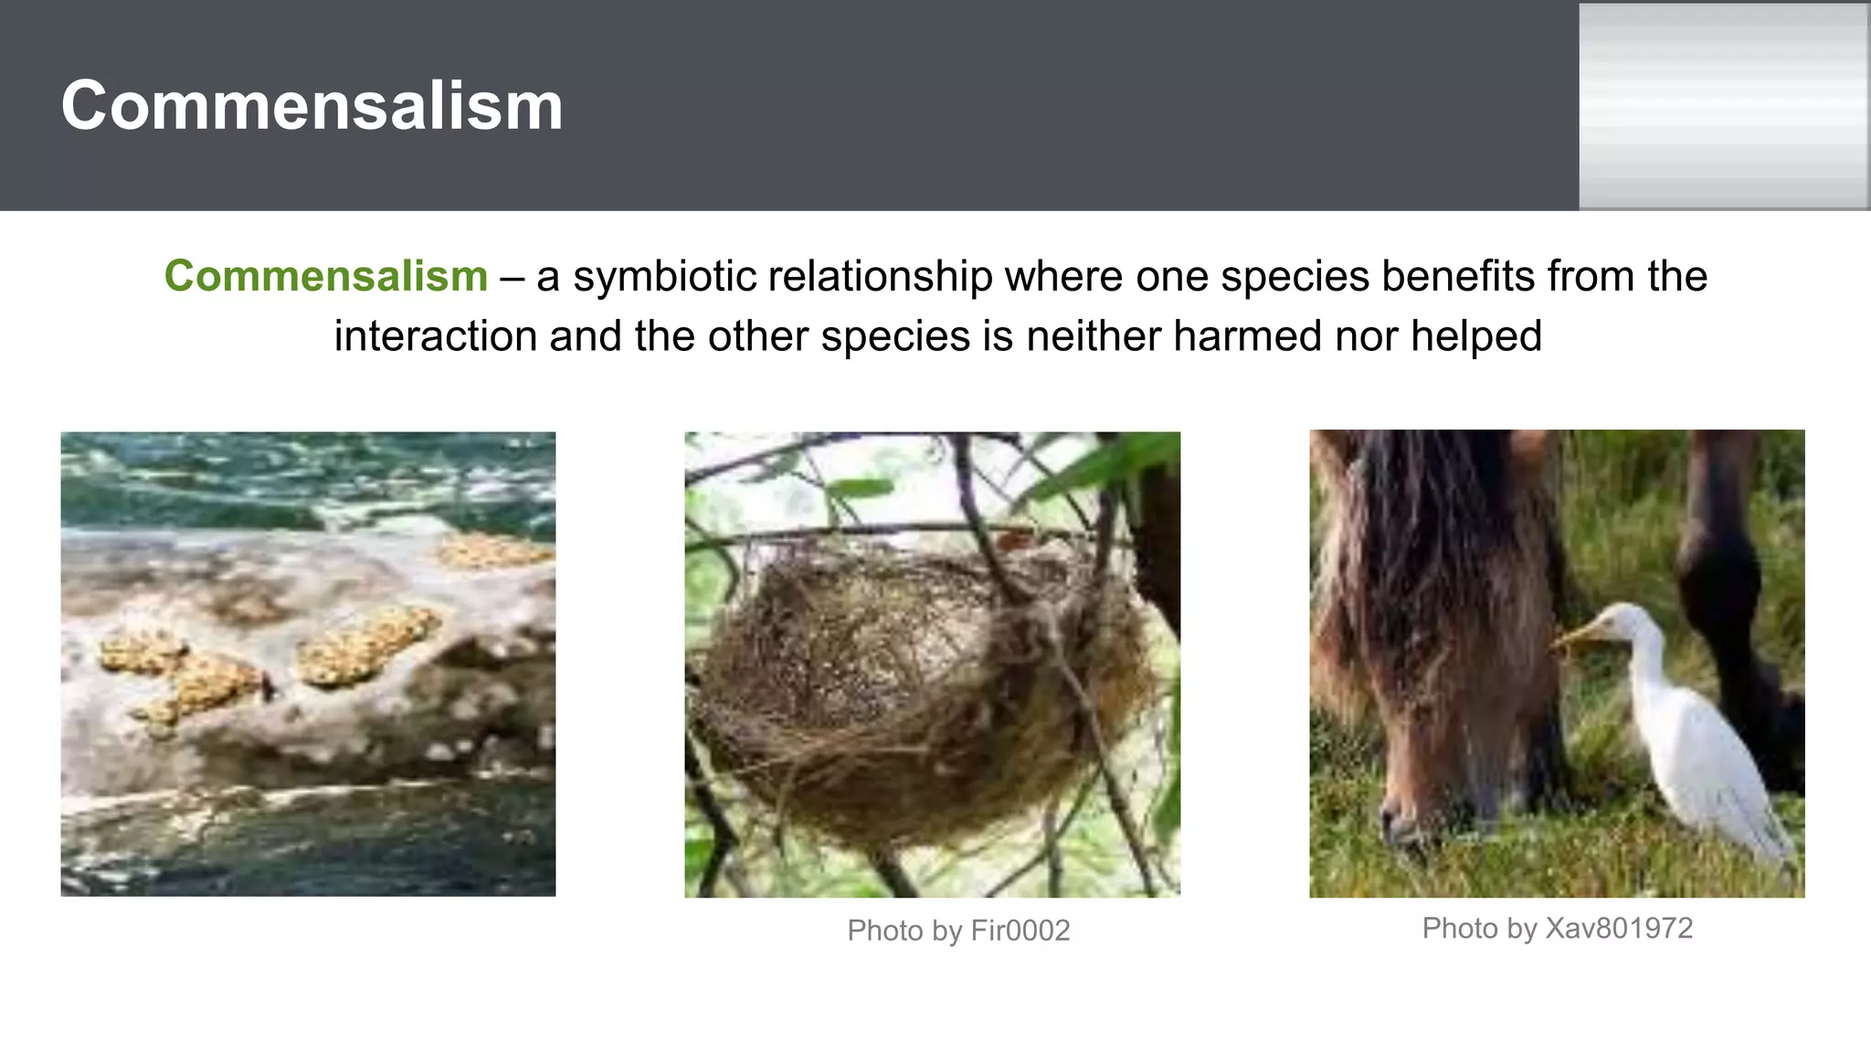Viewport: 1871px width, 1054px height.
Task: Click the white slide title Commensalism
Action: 312,106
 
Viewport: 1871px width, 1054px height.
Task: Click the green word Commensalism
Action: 326,276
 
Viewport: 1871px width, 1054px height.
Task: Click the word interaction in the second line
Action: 435,336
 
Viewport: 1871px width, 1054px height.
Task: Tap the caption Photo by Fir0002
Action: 958,931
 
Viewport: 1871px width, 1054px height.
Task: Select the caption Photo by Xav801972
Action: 1557,929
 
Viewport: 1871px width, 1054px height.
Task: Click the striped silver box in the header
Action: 1724,106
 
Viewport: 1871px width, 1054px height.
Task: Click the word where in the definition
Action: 1061,276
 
